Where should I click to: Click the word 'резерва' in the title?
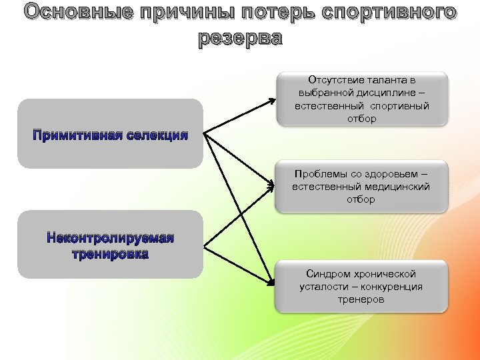pos(240,39)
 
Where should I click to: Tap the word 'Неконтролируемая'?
pos(110,238)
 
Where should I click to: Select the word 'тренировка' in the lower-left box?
pos(110,254)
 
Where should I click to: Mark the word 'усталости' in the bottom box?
pos(321,287)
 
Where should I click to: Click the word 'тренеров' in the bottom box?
pos(361,299)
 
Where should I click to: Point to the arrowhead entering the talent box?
pos(272,101)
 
